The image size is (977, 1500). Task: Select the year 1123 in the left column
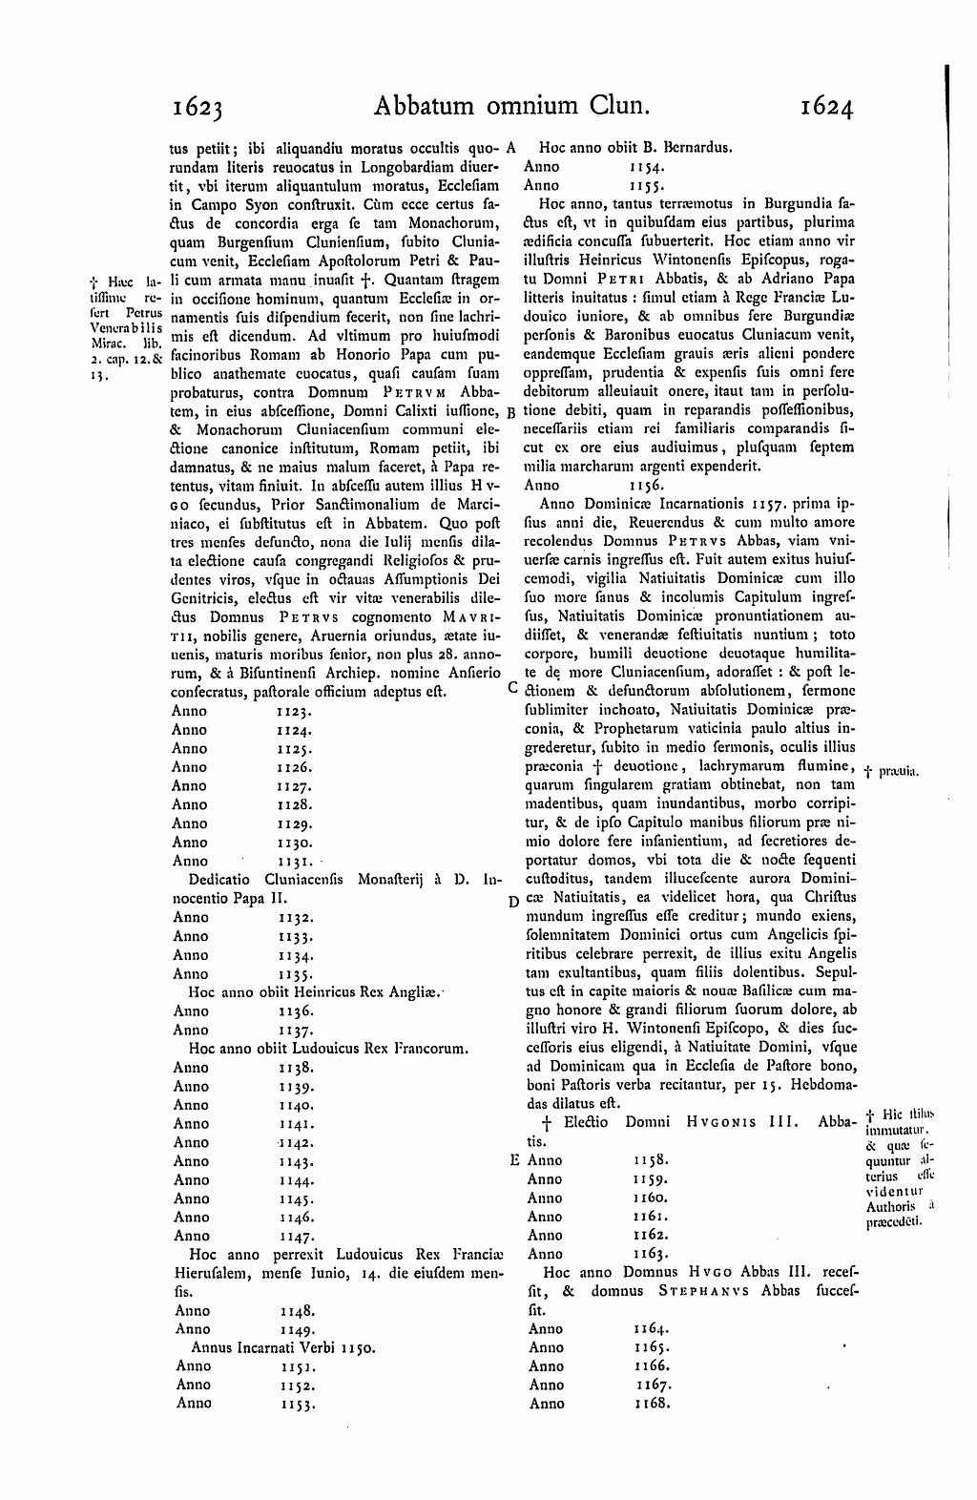coord(296,711)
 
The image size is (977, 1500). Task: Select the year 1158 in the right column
coord(651,1160)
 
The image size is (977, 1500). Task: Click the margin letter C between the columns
coord(513,687)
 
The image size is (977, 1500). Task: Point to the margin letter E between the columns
coord(515,1160)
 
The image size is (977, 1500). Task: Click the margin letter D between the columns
coord(514,902)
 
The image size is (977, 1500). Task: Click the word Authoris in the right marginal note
coord(887,1207)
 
